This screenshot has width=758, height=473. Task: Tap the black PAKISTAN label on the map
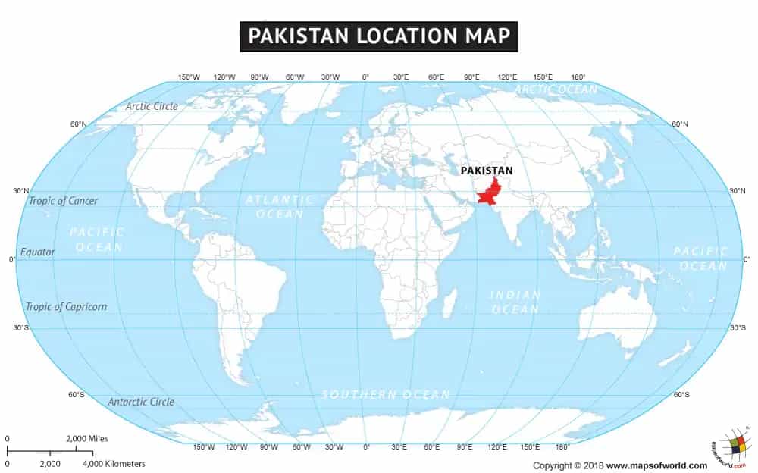click(x=487, y=171)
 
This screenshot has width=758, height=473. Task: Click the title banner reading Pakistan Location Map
click(x=378, y=36)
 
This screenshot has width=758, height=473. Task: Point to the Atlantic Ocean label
click(x=279, y=207)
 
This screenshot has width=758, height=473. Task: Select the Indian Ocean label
click(x=515, y=302)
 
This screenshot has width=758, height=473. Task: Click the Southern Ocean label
click(x=386, y=394)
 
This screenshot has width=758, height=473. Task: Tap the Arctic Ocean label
click(x=556, y=89)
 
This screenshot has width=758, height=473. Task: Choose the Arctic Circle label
click(x=152, y=106)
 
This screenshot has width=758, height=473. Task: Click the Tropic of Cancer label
click(x=63, y=201)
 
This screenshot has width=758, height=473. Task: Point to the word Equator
click(x=38, y=252)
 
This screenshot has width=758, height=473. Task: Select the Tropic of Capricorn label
click(x=66, y=307)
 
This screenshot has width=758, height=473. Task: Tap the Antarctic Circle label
click(x=141, y=402)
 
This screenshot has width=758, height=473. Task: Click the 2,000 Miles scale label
click(x=87, y=438)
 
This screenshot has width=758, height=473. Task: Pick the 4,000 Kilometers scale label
click(x=114, y=463)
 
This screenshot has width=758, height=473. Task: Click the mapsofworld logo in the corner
click(x=729, y=447)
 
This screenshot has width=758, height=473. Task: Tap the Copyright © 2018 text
click(x=568, y=465)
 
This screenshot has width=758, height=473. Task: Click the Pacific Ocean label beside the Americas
click(x=96, y=240)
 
